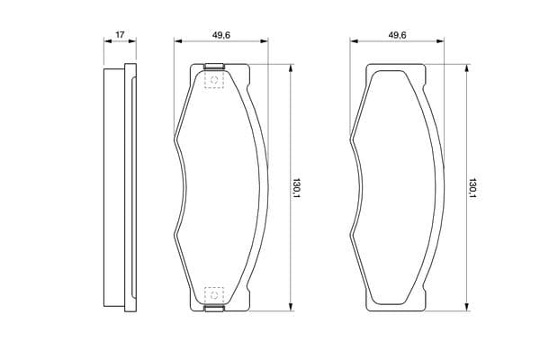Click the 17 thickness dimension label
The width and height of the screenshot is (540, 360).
(x=120, y=35)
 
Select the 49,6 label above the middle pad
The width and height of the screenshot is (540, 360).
(x=221, y=35)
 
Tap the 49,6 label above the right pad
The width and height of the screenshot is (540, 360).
(x=397, y=35)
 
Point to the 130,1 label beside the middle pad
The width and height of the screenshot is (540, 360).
(x=296, y=189)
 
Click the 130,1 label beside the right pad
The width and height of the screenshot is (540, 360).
(x=472, y=189)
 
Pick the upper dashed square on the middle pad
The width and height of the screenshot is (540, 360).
(x=214, y=80)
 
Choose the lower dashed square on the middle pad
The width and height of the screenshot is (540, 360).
(x=214, y=295)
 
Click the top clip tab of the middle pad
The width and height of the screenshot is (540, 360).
(x=214, y=66)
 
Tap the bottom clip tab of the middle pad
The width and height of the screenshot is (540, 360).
(x=214, y=309)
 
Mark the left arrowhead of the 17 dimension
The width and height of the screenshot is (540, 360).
(x=108, y=41)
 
